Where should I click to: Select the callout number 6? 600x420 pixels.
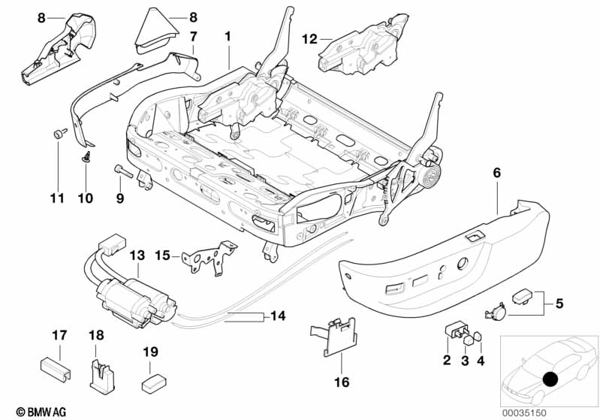coord(496,173)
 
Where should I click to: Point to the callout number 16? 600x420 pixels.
coord(342,382)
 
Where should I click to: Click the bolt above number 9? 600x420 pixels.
coord(123,170)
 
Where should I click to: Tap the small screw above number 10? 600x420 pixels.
coord(86,158)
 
